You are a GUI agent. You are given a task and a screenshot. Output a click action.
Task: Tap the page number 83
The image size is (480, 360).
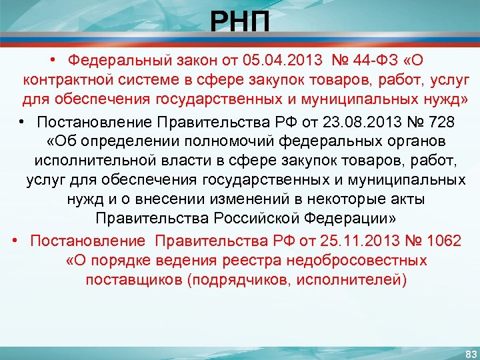click(x=471, y=353)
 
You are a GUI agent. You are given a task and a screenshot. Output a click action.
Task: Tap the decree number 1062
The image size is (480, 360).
click(x=438, y=240)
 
